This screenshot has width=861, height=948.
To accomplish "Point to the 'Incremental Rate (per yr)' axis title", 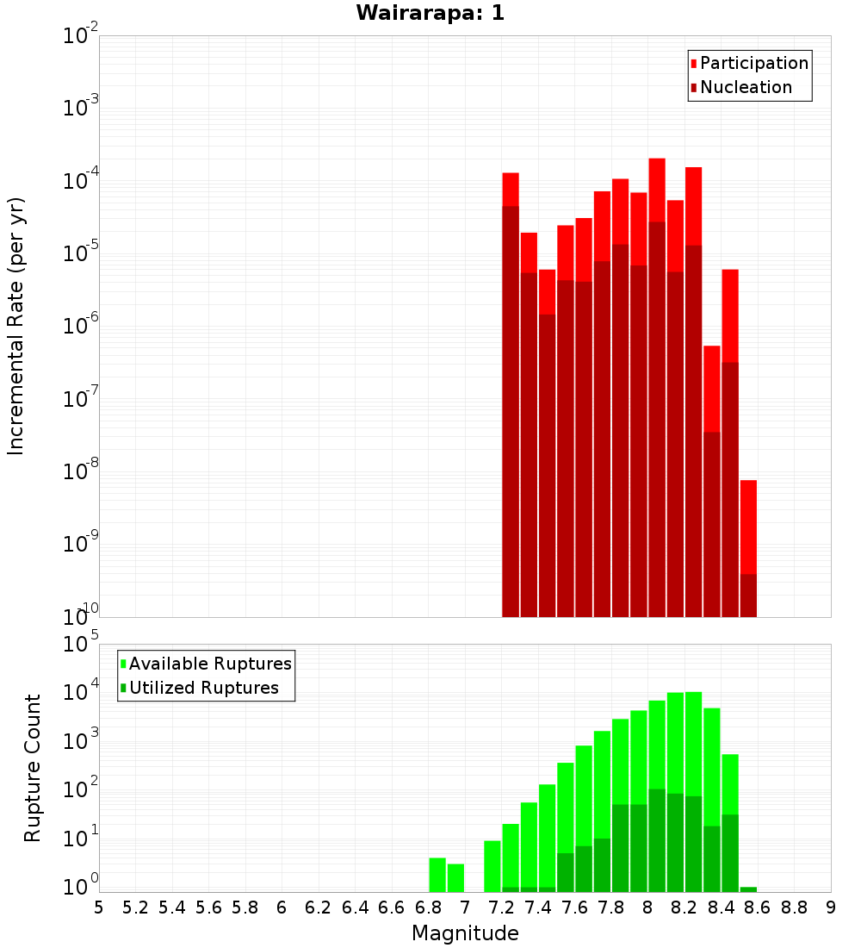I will point(16,326).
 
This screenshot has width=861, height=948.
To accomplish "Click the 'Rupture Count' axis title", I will point(33,767).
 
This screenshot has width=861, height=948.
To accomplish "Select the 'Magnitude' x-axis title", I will point(465,933).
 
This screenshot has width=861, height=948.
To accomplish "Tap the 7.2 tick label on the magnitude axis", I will point(501,907).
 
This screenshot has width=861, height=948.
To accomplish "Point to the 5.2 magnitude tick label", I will point(135,907).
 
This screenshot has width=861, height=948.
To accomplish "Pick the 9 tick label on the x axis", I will point(831,907).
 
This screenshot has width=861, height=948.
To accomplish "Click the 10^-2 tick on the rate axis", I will point(81,36).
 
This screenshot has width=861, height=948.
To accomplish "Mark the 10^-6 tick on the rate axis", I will point(81,326).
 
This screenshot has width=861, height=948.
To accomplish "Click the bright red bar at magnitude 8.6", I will point(748,526).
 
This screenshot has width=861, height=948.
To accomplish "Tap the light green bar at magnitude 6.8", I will point(437,875).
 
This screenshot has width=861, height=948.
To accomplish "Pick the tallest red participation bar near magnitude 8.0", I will point(657,190).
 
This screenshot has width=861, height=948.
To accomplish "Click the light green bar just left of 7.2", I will point(492,866).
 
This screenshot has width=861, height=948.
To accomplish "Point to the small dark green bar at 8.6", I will point(748,889).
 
